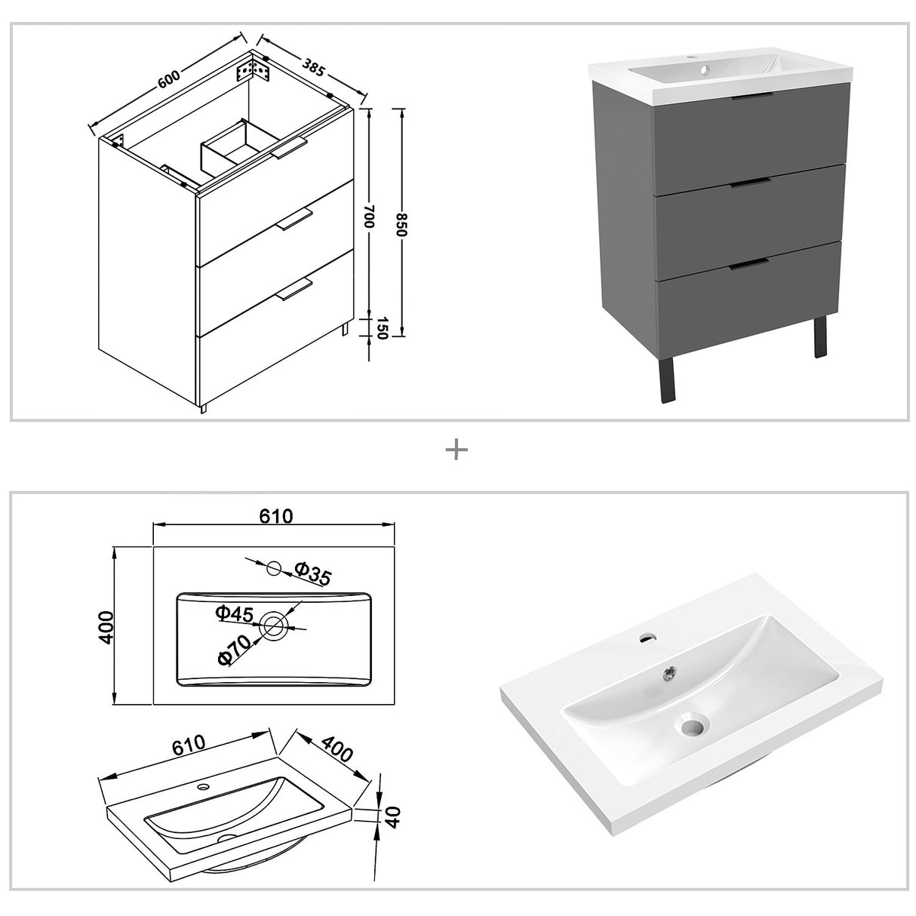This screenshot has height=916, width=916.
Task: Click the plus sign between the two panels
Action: point(456,450)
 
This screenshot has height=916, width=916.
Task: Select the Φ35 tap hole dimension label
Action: point(312,574)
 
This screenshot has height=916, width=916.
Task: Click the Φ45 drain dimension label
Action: point(233,614)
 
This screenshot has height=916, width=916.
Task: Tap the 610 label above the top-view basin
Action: point(275,516)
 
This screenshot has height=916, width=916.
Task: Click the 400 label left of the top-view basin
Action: point(106,626)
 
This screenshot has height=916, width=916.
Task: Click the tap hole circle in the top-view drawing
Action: point(274,567)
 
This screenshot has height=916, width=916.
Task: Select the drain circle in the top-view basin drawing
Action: point(274,625)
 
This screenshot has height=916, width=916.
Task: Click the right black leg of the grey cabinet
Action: point(819,340)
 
